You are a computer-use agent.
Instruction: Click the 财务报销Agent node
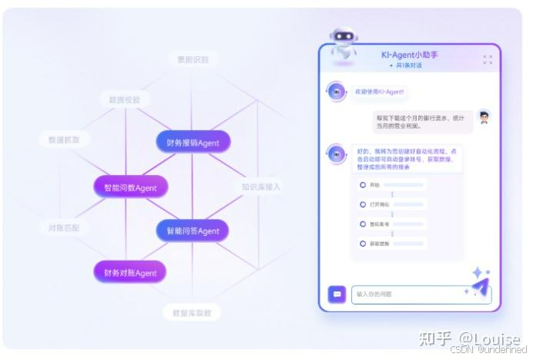193,143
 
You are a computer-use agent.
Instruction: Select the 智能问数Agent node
130,187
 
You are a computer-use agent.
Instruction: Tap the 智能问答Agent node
193,230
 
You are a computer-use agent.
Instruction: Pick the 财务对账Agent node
130,273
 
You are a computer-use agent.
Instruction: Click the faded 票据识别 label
193,59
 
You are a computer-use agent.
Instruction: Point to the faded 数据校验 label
124,99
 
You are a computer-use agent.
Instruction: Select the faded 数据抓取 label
64,140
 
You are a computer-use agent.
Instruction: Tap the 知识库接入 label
261,187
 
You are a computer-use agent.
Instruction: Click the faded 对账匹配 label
64,228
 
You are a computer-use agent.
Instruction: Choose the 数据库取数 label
192,312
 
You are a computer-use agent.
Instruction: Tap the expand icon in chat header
487,59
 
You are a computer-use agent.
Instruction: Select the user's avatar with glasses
484,117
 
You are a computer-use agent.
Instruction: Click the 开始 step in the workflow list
375,185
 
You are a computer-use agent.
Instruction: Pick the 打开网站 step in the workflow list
379,204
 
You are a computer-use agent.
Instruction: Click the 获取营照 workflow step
379,244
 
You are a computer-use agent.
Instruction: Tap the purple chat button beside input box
337,294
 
